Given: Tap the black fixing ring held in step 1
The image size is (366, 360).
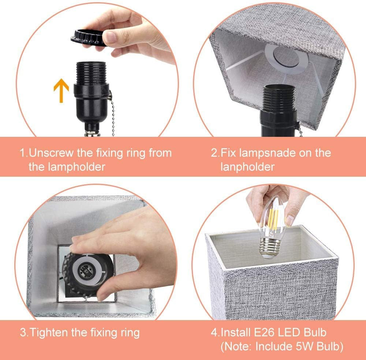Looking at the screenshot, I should pyautogui.click(x=88, y=37).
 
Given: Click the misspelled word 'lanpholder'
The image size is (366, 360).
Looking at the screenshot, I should pyautogui.click(x=247, y=167).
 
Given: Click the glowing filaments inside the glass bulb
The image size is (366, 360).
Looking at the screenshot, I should pyautogui.click(x=272, y=220).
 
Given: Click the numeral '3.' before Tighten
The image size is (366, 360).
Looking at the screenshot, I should pyautogui.click(x=24, y=333).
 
